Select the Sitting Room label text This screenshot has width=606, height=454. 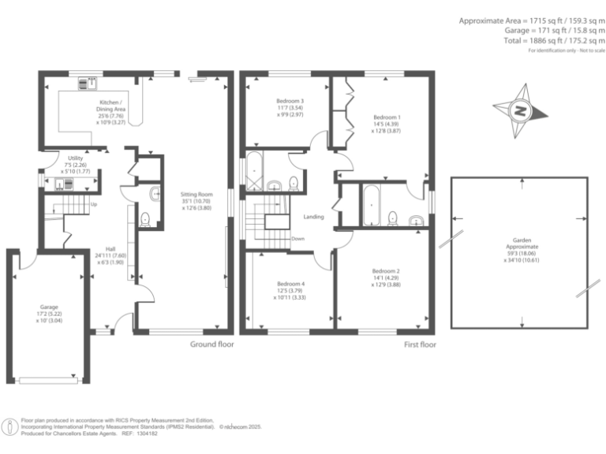click(x=195, y=202)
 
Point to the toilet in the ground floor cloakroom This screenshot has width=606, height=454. click(x=144, y=219)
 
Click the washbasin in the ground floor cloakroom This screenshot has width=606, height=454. click(x=155, y=192)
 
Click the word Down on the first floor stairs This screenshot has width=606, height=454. click(x=297, y=238)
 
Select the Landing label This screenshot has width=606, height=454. click(x=314, y=217)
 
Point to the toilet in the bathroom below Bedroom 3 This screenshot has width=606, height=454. click(x=294, y=184)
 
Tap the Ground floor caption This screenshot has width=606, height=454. click(x=212, y=344)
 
